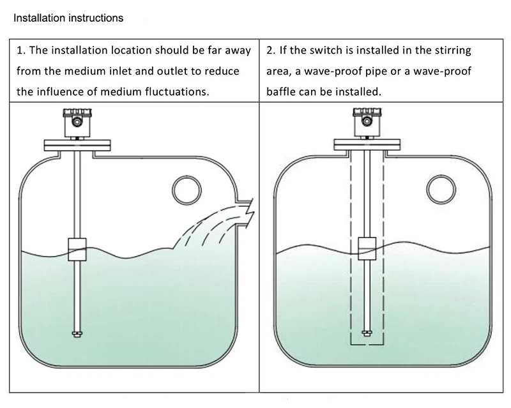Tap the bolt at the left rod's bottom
[77, 333]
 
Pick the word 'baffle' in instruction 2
[281, 91]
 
